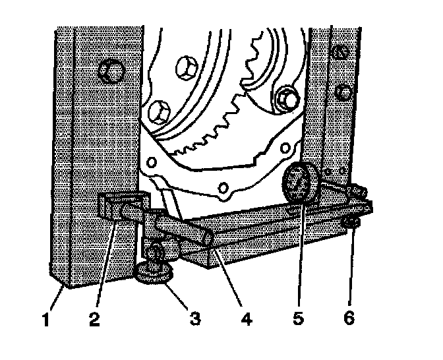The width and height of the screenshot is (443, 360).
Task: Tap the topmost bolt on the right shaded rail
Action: pos(341,52)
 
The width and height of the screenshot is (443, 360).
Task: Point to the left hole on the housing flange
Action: pos(152,163)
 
